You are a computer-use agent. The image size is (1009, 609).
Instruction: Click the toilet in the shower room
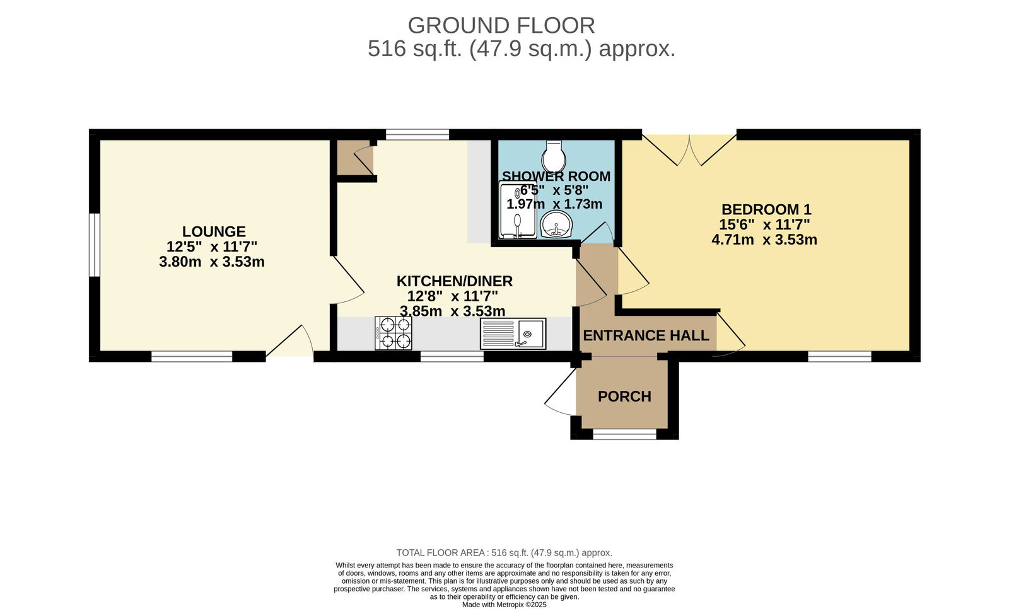[554, 156]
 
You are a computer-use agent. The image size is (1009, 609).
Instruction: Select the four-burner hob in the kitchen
[394, 333]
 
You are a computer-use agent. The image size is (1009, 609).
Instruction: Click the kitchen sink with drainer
[513, 333]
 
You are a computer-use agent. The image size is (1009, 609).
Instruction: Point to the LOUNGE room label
[214, 231]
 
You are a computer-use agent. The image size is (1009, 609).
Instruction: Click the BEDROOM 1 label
[766, 209]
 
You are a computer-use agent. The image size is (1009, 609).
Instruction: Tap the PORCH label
[624, 397]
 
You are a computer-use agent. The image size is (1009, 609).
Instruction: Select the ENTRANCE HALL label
[646, 335]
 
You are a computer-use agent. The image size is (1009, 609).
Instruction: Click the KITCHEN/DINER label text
[455, 281]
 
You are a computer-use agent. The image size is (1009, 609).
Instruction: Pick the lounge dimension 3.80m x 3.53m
[212, 262]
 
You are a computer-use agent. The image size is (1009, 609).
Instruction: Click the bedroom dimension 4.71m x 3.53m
[764, 240]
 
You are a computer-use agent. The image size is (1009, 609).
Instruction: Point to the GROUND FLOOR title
[501, 26]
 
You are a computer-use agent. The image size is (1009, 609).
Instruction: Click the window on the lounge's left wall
[94, 245]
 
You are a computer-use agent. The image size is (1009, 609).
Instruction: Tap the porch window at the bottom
[624, 434]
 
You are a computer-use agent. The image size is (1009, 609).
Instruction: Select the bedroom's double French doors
[689, 150]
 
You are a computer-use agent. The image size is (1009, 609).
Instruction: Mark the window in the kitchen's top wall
[417, 134]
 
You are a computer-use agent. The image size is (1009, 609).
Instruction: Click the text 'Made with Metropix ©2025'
[504, 605]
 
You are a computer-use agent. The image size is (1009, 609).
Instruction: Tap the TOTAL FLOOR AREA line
[504, 553]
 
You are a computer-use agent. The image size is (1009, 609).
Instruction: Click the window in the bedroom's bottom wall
[839, 357]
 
